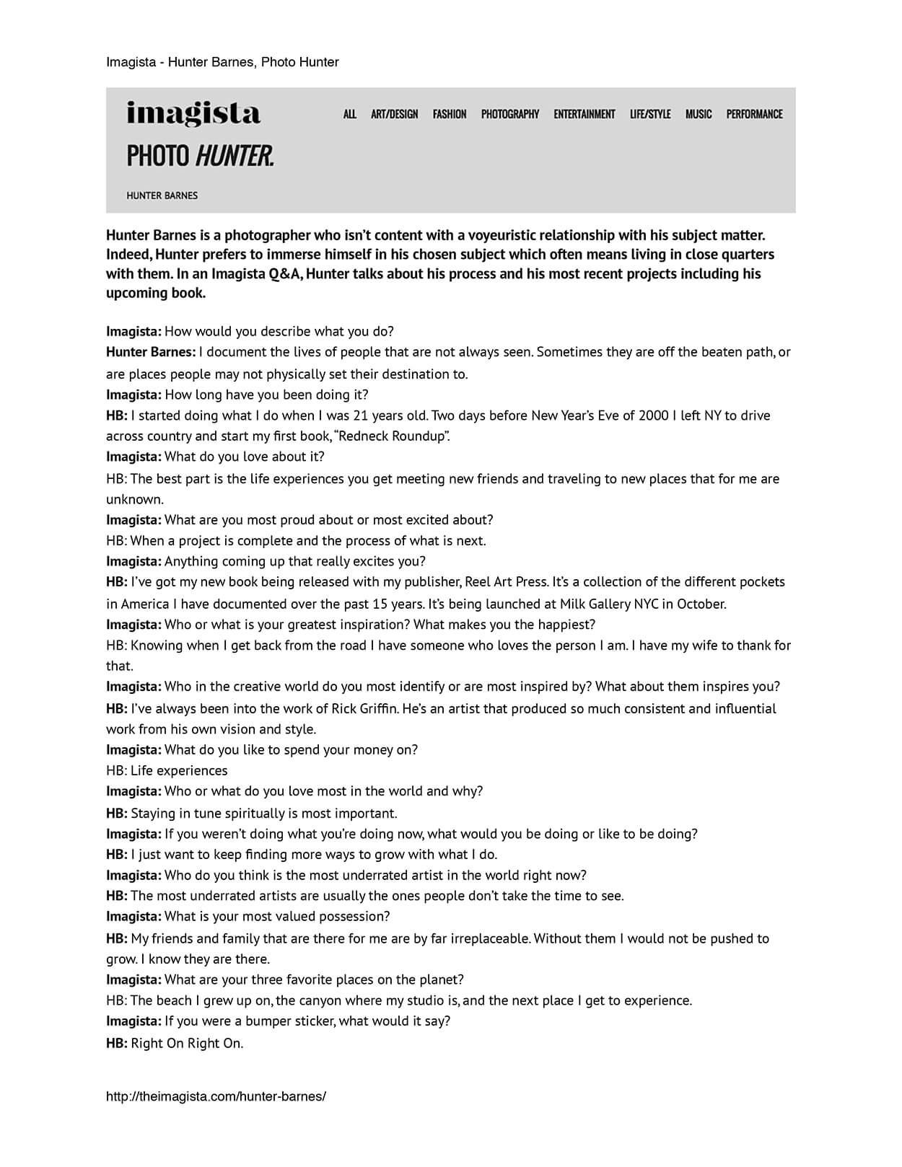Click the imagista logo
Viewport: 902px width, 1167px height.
(x=193, y=113)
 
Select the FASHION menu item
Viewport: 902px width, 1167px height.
(x=450, y=114)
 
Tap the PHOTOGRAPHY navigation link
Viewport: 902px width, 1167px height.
(x=510, y=114)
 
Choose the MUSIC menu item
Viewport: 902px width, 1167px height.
(x=699, y=114)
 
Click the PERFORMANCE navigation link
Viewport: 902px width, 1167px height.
(x=754, y=114)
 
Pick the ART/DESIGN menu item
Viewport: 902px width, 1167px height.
(x=395, y=114)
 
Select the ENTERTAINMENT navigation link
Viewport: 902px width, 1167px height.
(x=584, y=114)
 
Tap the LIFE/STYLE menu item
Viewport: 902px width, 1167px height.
(x=650, y=114)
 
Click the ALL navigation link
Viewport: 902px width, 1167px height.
(x=350, y=114)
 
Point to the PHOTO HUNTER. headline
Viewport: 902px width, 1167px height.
(x=200, y=155)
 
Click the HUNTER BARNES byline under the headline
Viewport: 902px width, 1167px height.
(x=162, y=195)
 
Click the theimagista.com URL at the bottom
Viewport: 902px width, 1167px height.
(x=216, y=1096)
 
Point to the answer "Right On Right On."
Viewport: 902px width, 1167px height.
(x=187, y=1043)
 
